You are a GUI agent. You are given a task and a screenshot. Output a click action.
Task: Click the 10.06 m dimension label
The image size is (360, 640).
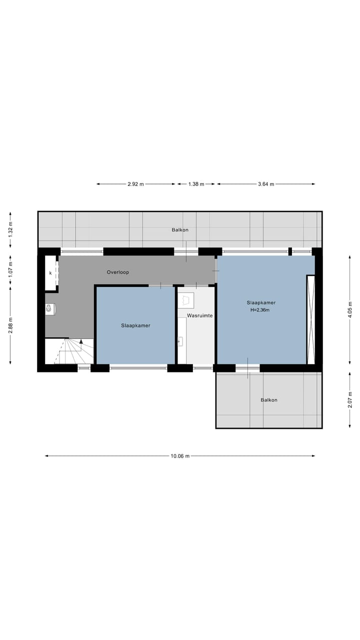(x=180, y=456)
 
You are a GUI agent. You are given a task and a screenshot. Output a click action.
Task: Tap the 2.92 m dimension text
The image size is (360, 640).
(x=135, y=184)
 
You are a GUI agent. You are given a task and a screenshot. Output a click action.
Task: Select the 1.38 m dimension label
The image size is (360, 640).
(x=196, y=184)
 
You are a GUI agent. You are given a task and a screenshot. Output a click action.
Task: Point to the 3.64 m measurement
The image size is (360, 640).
(x=266, y=184)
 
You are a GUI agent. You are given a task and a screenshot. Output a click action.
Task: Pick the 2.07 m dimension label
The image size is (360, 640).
(x=350, y=400)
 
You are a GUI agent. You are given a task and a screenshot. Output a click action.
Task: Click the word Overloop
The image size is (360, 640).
(x=118, y=272)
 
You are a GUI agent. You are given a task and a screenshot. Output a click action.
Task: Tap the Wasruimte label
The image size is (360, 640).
(x=200, y=316)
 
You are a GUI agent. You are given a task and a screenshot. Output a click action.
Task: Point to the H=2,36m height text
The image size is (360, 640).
(x=260, y=310)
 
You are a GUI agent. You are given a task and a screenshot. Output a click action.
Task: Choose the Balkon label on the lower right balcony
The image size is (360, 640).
(x=268, y=400)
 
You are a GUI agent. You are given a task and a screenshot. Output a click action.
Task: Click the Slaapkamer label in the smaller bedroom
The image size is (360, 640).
(x=135, y=325)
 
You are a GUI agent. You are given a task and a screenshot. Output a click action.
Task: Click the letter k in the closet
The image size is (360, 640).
(x=50, y=273)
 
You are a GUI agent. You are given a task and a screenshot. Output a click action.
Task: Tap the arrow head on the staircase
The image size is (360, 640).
(x=81, y=341)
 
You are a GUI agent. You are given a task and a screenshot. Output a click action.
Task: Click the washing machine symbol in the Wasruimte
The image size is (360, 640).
(x=186, y=300)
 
